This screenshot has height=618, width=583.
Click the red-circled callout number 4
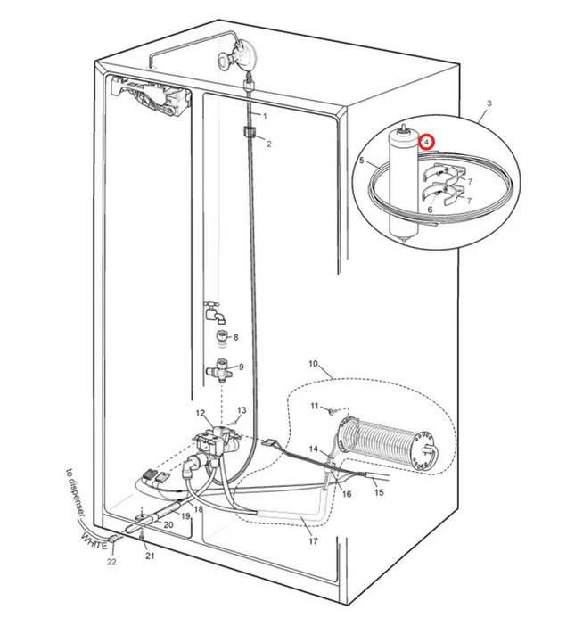point(426,142)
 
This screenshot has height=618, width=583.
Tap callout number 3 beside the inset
point(489,103)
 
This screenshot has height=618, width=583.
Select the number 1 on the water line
point(265,116)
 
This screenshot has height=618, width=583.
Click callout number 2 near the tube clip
point(269,144)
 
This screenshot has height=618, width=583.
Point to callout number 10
point(313,363)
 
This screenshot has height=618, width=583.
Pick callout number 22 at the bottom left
point(111,562)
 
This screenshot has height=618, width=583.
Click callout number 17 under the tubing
point(313,541)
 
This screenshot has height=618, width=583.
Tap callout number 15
point(379,492)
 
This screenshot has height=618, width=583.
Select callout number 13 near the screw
point(242,410)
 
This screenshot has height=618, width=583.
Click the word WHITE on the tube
point(94,541)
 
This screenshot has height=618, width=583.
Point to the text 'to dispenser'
point(75,492)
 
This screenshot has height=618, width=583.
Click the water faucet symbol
point(214,312)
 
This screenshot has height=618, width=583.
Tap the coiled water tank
point(388,444)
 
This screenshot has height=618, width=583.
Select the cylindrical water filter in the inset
point(403,184)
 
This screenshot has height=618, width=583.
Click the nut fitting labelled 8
point(223,338)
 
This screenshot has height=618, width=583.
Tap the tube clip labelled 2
point(249,131)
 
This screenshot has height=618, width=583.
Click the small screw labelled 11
point(332,411)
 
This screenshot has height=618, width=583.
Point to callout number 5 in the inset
point(362,161)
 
